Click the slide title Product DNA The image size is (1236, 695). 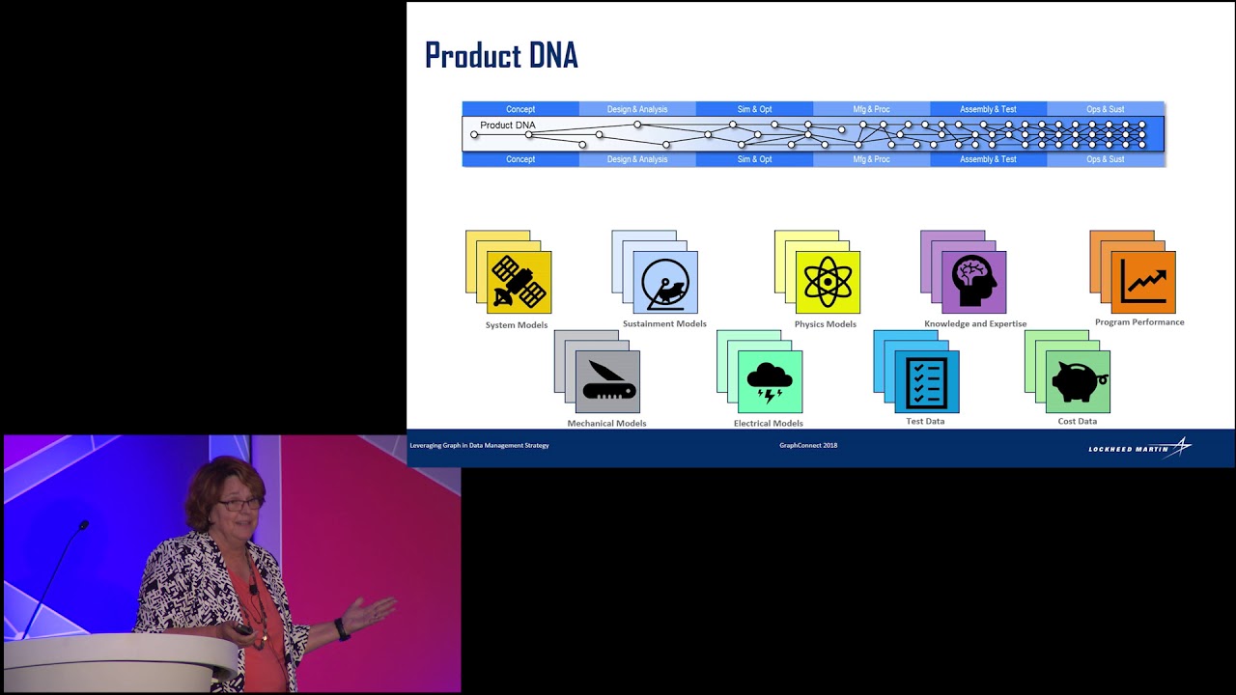[x=501, y=55]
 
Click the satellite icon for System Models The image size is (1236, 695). [x=519, y=282]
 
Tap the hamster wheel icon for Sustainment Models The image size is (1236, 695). [x=665, y=282]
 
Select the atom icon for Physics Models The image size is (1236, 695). [x=828, y=282]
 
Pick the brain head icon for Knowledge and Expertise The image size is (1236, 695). [x=973, y=282]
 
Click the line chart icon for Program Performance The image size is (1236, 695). [x=1143, y=282]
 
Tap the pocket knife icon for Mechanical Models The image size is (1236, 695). [x=607, y=382]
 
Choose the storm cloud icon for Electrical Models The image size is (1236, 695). [x=770, y=382]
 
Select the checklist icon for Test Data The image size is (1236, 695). [x=927, y=382]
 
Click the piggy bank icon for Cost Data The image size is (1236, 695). [x=1078, y=382]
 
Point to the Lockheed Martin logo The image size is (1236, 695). [x=1139, y=448]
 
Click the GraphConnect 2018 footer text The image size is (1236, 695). [x=808, y=445]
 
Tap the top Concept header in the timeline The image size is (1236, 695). [x=520, y=109]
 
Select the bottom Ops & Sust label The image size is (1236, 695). [x=1106, y=159]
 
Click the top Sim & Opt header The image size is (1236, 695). [x=754, y=109]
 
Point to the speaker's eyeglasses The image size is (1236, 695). [x=239, y=503]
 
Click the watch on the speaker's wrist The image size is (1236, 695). [x=341, y=628]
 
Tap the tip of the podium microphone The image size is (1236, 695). [x=84, y=525]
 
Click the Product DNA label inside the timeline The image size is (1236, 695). [x=507, y=125]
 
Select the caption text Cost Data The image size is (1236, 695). [x=1078, y=421]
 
